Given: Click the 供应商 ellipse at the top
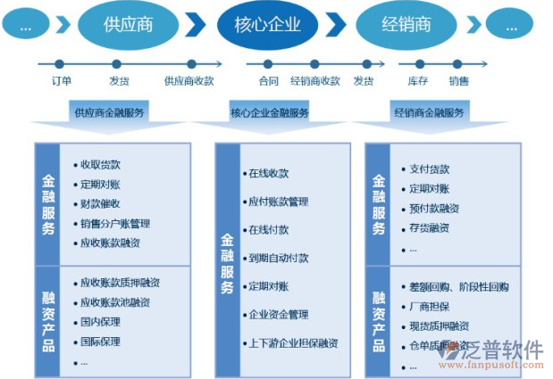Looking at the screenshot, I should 128,24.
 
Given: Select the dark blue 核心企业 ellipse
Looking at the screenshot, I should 268,24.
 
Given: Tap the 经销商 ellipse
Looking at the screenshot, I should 406,24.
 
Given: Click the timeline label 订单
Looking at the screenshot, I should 61,81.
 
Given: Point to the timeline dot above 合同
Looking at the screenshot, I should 269,64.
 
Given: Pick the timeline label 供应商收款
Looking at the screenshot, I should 189,81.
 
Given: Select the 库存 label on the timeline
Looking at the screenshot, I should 417,81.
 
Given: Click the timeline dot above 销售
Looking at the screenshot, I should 459,64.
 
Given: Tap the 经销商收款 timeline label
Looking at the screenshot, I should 315,81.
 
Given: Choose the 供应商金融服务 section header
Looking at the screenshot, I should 110,113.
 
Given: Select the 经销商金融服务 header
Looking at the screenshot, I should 429,113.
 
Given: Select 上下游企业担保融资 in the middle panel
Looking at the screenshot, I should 292,342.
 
